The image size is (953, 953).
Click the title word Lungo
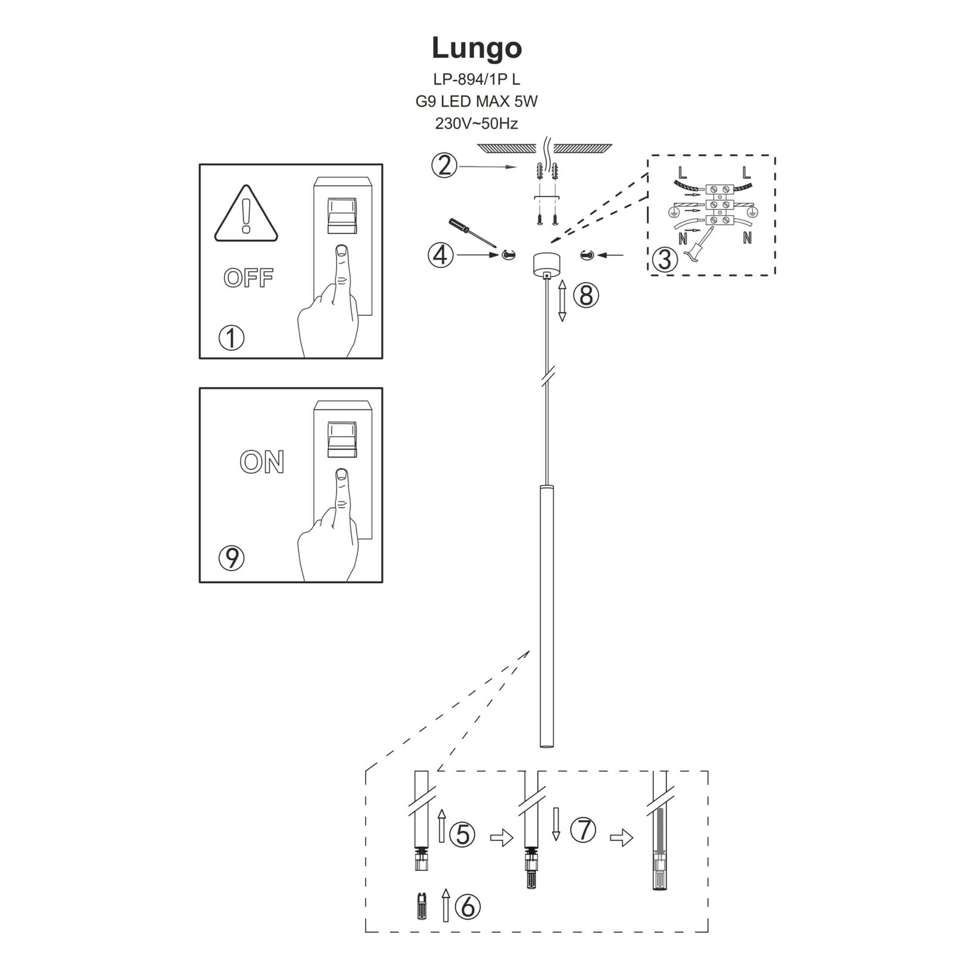click(x=476, y=48)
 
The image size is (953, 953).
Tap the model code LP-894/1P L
click(x=476, y=79)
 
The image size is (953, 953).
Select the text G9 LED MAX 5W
click(x=476, y=101)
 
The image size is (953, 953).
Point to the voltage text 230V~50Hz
click(x=476, y=124)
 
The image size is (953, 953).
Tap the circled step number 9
click(x=232, y=558)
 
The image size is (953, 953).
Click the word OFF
click(x=248, y=278)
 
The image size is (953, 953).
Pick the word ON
click(x=262, y=462)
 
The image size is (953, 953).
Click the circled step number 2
click(x=444, y=166)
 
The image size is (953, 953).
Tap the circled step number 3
click(x=664, y=259)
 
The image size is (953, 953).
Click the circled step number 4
click(x=440, y=255)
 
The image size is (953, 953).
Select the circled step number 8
click(x=586, y=295)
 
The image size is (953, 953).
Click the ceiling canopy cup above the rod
click(x=546, y=263)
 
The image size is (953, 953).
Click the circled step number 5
click(x=463, y=834)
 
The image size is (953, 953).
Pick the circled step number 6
click(x=468, y=907)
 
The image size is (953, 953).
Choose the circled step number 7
click(x=583, y=830)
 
